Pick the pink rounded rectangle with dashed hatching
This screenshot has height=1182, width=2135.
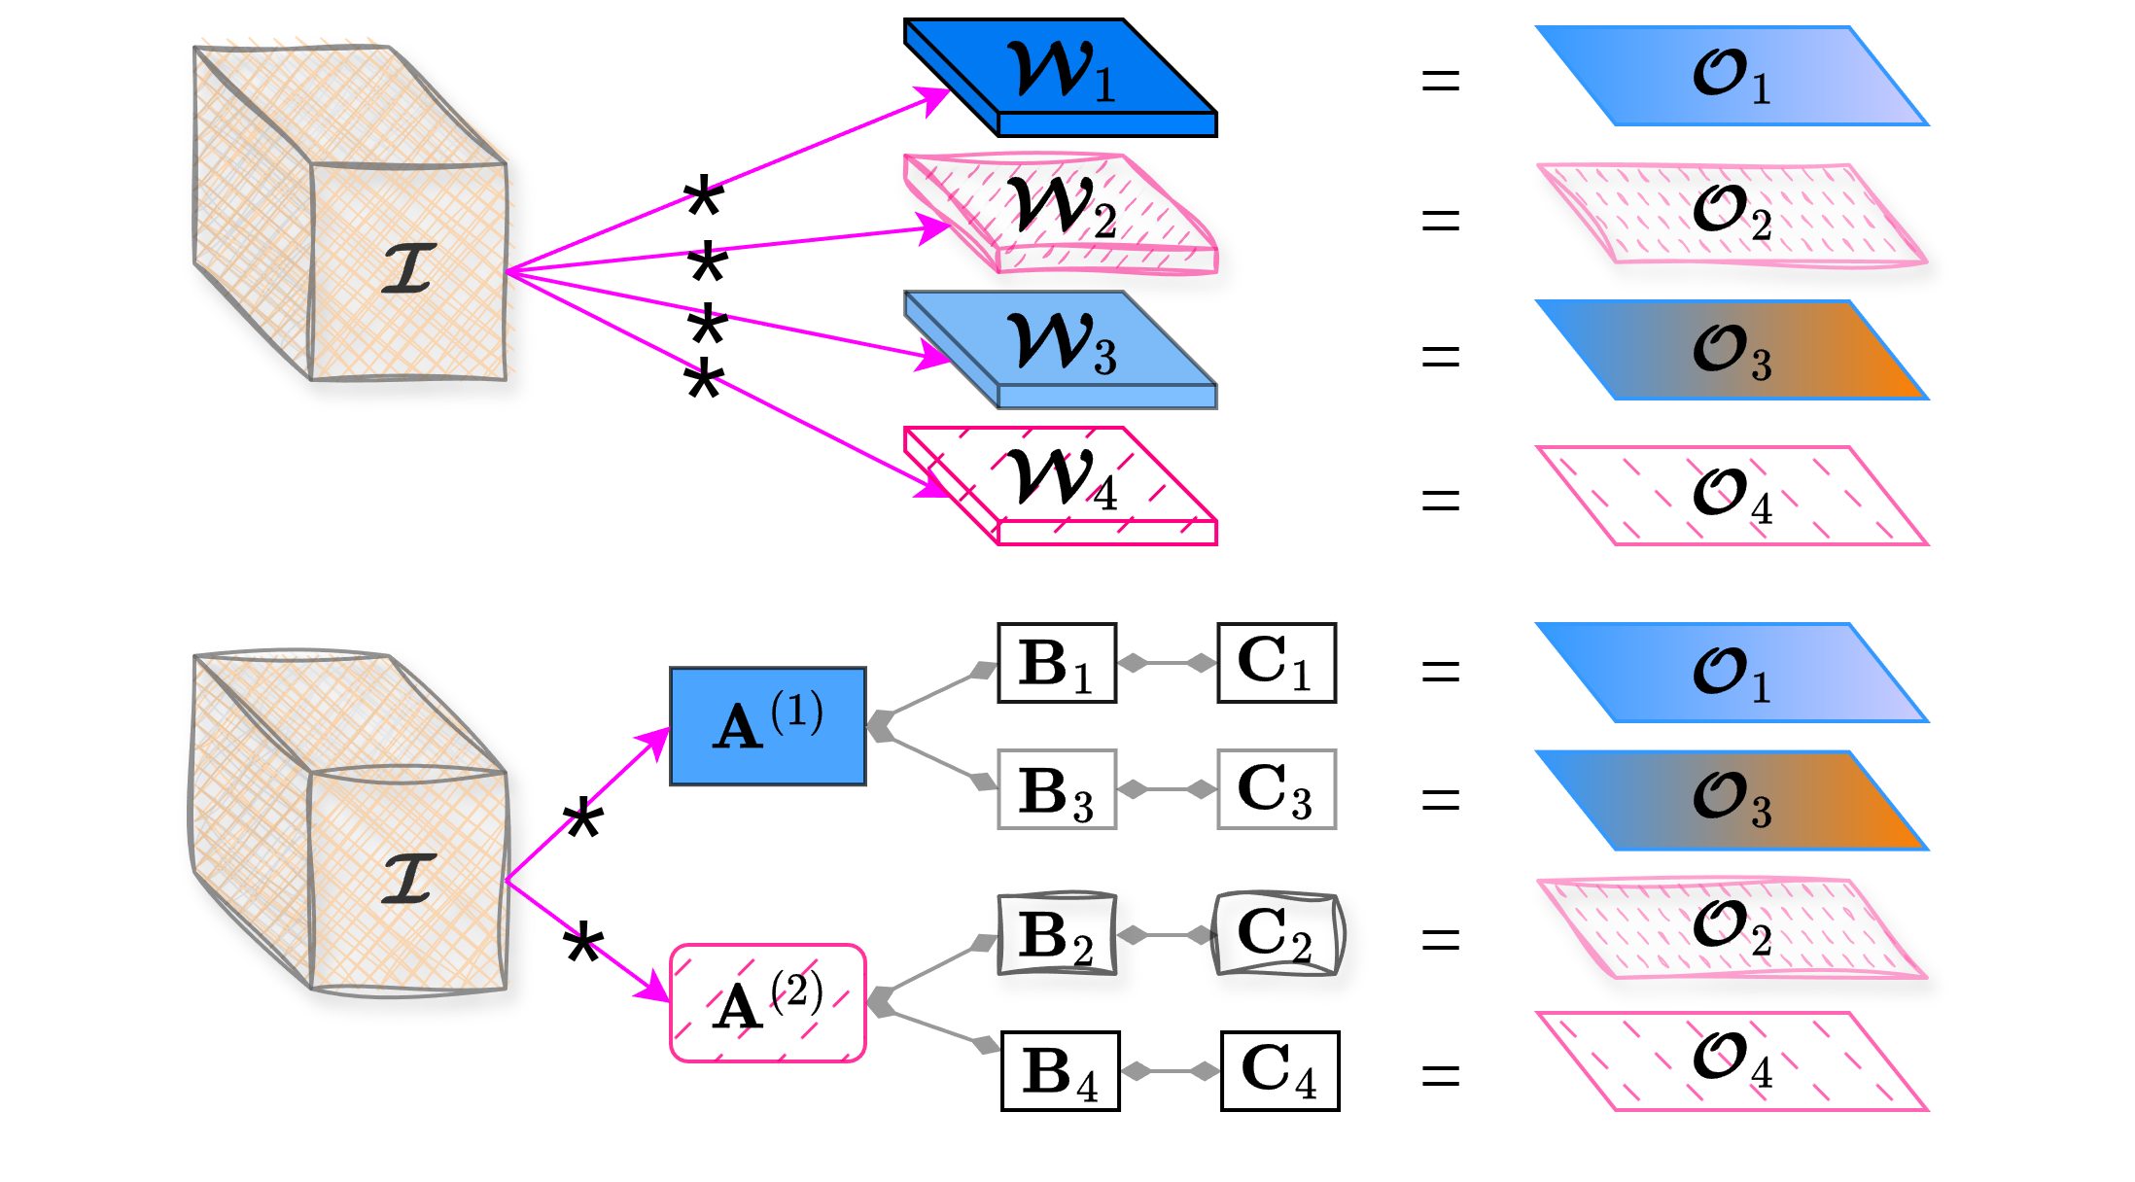768,1002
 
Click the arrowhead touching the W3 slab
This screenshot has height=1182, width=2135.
935,357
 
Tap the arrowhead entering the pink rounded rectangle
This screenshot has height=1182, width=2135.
653,991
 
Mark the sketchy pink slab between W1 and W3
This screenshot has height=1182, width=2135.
1060,212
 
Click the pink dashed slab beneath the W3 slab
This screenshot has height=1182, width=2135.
1060,484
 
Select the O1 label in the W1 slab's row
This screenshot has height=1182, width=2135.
1731,76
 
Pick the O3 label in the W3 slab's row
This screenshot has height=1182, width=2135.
1731,351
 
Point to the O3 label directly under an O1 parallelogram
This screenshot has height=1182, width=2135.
1731,800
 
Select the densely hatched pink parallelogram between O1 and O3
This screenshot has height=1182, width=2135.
1731,214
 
